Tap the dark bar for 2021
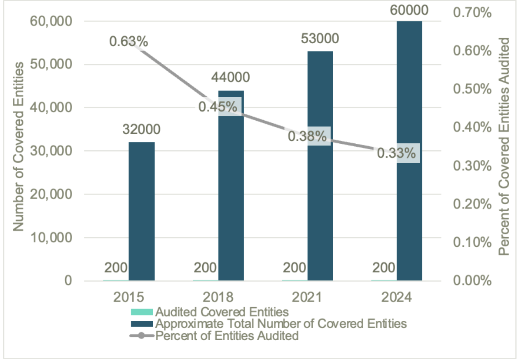click(x=320, y=206)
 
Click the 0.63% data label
click(x=129, y=41)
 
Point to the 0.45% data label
click(x=218, y=107)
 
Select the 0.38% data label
click(x=307, y=136)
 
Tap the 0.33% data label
click(x=397, y=153)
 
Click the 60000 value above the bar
click(x=409, y=9)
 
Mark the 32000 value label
click(x=141, y=129)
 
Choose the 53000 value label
click(x=320, y=39)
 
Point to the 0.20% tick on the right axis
click(x=472, y=204)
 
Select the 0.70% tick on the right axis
click(x=472, y=13)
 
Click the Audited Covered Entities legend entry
click(x=224, y=311)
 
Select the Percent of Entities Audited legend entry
click(x=227, y=336)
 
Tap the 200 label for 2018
click(x=205, y=268)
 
